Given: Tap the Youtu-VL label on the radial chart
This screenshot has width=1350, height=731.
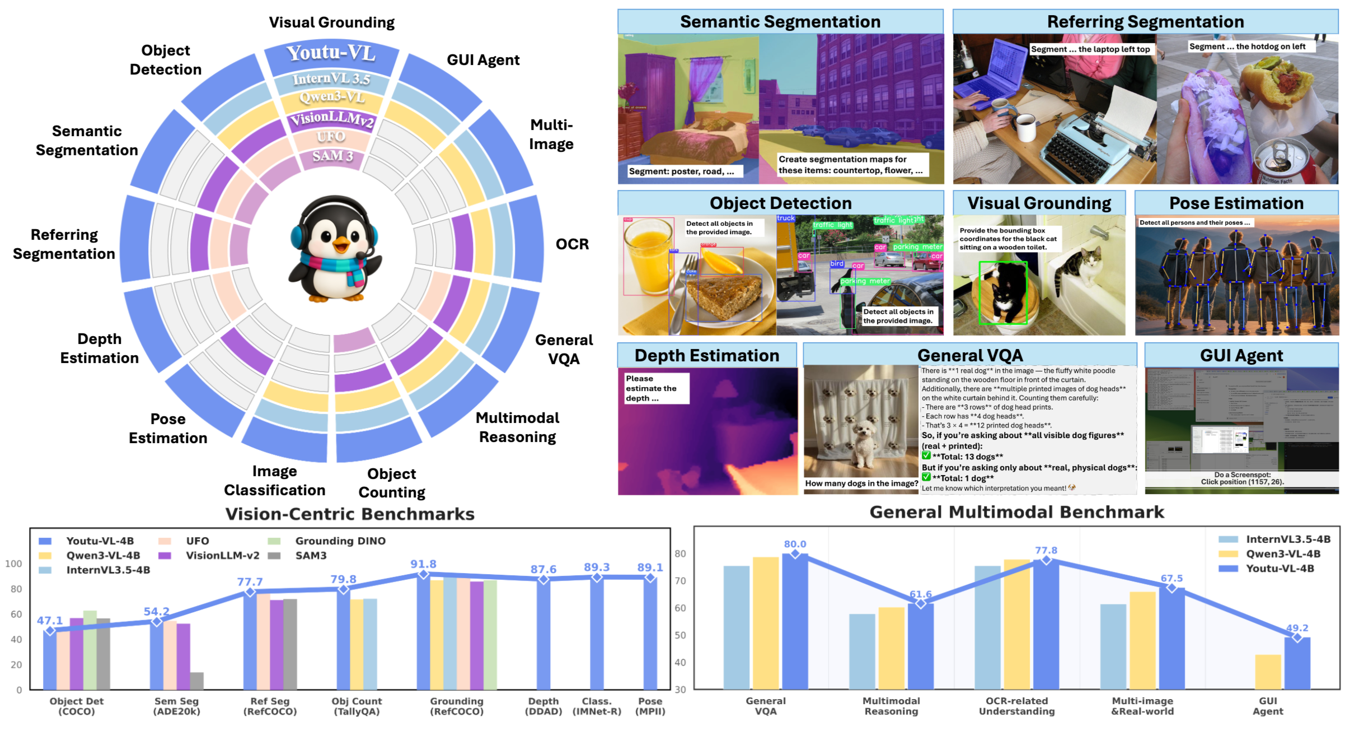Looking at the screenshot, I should click(331, 53).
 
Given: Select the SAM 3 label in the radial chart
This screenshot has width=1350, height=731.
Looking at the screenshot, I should click(332, 156).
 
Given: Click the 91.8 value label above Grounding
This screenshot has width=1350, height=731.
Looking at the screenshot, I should click(423, 564).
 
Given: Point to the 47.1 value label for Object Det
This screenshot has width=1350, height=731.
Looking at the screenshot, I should click(50, 621).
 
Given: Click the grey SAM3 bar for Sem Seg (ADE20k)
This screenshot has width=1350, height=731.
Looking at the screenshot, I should click(196, 681).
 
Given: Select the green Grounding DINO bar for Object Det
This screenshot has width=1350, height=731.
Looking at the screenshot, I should click(90, 650).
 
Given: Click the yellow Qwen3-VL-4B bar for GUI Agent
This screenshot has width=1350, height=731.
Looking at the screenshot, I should click(1268, 672).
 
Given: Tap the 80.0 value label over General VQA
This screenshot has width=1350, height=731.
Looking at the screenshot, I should click(795, 544).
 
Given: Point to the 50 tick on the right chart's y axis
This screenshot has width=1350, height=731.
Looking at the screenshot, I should click(680, 635).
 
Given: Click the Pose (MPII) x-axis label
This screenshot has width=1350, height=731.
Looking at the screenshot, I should click(650, 706).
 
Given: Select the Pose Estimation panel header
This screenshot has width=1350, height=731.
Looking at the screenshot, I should click(1236, 203).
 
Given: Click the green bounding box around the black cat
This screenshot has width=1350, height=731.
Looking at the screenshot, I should click(1003, 293).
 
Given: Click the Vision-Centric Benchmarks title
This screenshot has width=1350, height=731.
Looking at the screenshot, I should click(350, 514).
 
